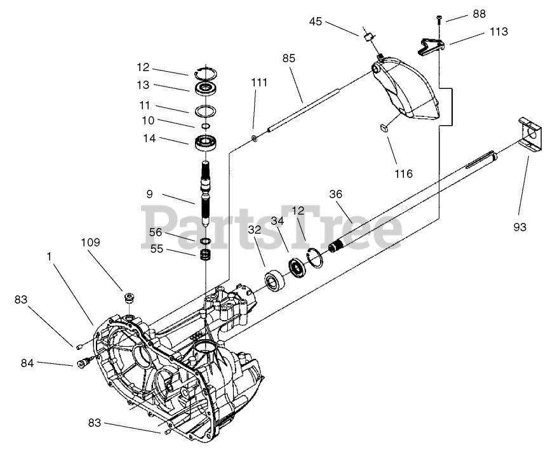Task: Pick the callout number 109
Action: click(90, 243)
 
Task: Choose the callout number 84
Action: click(27, 363)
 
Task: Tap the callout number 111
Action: click(258, 83)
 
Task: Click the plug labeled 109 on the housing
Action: click(130, 297)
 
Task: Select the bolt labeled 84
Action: click(83, 364)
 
